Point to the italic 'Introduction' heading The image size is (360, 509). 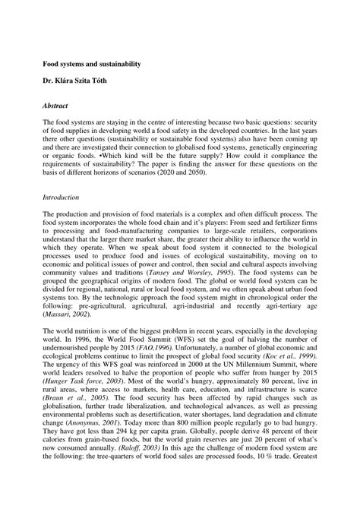pos(63,196)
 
